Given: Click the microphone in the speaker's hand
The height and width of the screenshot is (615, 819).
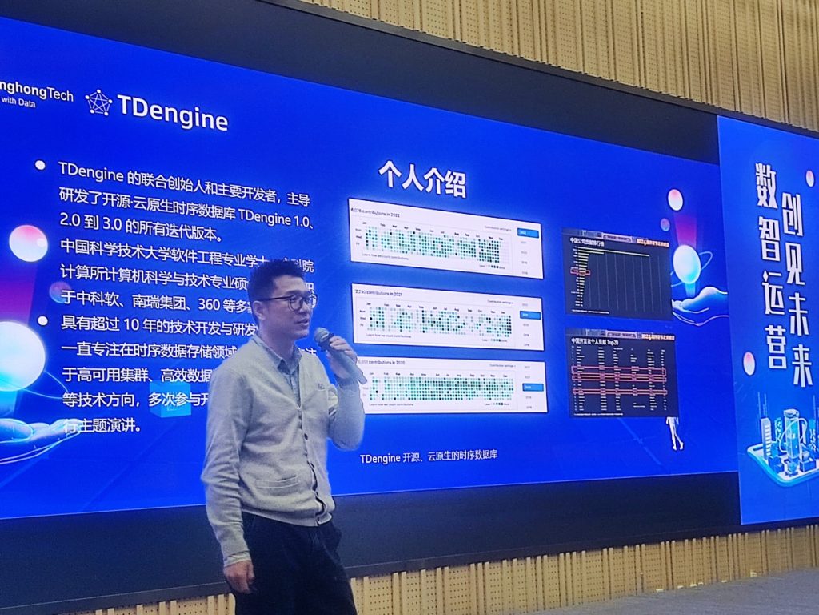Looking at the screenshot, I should coord(338,352).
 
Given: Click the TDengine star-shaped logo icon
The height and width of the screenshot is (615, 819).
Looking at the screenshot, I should coord(99,102).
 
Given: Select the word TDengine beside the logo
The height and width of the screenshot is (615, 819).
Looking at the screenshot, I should coord(172,112).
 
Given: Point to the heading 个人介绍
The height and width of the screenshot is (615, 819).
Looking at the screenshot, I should coord(421,179).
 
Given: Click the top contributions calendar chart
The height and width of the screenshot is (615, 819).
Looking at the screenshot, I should coord(445,237).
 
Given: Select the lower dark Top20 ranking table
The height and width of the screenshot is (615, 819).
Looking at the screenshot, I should coord(621,372).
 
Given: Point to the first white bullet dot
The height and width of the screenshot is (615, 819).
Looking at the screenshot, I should coord(40,165).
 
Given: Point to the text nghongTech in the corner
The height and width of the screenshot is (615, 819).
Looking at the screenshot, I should coord(36,95).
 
